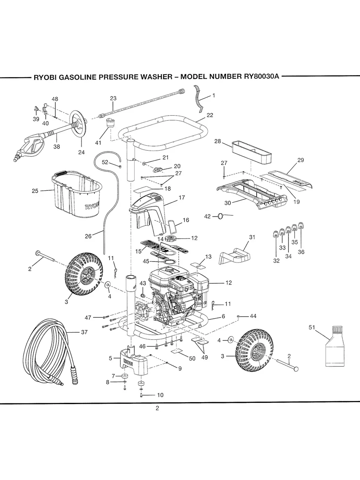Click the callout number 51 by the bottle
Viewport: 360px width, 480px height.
coord(312,327)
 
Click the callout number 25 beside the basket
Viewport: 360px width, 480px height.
coord(35,191)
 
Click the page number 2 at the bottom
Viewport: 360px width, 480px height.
coord(157,408)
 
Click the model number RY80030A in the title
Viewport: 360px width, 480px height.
coord(260,77)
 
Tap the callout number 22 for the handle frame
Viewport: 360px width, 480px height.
coord(210,115)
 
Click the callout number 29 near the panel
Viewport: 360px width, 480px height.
coord(300,160)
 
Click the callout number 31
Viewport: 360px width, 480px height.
coord(251,237)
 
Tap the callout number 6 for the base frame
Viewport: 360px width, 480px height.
coord(223,316)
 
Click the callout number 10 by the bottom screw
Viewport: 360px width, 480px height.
coord(160,395)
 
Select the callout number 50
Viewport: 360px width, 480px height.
coord(192,358)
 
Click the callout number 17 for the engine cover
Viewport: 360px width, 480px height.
coord(182,197)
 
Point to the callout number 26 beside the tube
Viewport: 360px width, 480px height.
coord(88,236)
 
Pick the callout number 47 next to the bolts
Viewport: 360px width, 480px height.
coord(88,317)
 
